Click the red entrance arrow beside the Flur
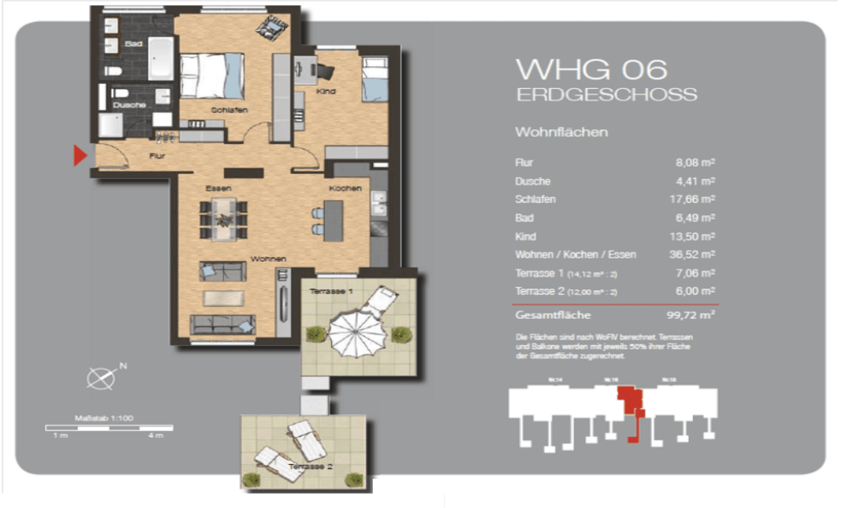(x=80, y=156)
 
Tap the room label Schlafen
(x=229, y=110)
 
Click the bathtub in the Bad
(x=161, y=58)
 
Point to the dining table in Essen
(x=224, y=220)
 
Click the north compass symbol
(x=101, y=379)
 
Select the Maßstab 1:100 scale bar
(x=109, y=428)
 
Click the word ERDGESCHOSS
(x=606, y=95)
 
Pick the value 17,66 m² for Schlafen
(x=692, y=199)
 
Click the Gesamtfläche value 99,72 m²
(x=690, y=315)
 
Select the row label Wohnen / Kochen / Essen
(x=575, y=255)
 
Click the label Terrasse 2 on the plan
(x=311, y=467)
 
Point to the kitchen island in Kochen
(x=333, y=220)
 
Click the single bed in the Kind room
(x=375, y=79)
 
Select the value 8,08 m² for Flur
(x=695, y=163)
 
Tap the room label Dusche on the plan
(x=129, y=105)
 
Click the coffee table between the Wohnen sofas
(x=223, y=298)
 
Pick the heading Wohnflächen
(x=561, y=132)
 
